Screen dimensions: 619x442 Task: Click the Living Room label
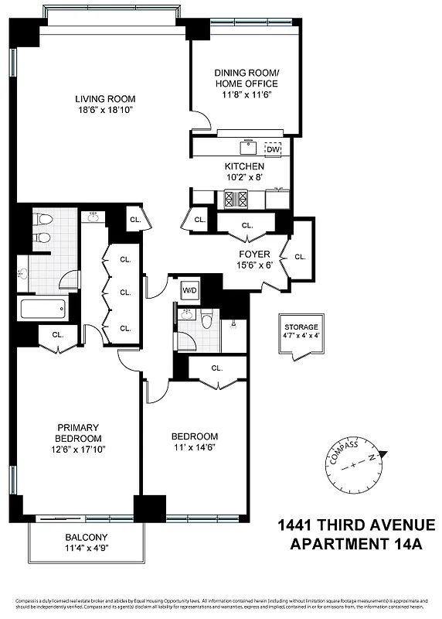[105, 99]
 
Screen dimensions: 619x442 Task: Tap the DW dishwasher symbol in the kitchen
[273, 149]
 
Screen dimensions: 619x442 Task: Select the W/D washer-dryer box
[189, 290]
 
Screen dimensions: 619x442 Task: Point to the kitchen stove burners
[235, 199]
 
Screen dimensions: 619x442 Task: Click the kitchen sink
[248, 147]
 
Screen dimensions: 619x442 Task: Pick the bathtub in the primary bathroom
[43, 310]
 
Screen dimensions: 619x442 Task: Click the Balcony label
[86, 538]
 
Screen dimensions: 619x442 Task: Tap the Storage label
[301, 328]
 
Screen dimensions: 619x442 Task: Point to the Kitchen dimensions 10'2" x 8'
[244, 177]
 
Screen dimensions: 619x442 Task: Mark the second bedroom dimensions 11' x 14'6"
[194, 448]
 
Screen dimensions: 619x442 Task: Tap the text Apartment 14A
[356, 544]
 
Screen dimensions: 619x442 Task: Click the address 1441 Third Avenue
[356, 526]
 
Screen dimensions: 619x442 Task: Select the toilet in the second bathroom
[206, 319]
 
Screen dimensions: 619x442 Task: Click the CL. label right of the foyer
[300, 257]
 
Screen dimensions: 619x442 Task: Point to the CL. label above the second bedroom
[217, 368]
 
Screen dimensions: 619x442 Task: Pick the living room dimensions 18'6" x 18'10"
[105, 111]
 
